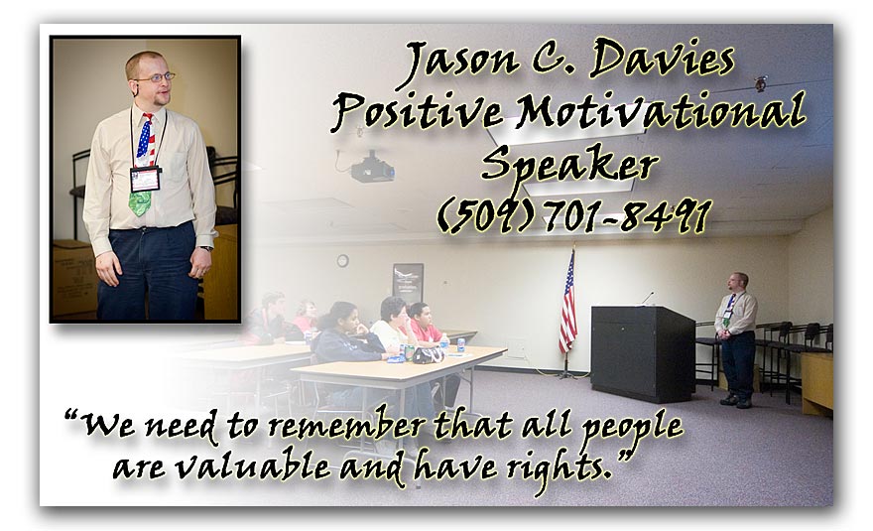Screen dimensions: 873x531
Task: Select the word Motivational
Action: [661, 110]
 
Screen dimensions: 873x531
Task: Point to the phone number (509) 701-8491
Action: [574, 215]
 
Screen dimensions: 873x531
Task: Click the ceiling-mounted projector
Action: [372, 167]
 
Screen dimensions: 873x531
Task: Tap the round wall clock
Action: [342, 260]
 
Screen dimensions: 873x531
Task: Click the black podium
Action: [643, 352]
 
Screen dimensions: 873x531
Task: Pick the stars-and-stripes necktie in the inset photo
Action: [144, 162]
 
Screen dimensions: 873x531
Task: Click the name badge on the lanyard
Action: [145, 179]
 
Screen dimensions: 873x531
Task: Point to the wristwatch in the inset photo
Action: [206, 248]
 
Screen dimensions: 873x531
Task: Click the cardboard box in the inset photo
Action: [74, 278]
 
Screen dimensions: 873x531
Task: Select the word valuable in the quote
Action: [253, 465]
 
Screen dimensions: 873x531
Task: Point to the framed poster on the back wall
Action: [408, 283]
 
